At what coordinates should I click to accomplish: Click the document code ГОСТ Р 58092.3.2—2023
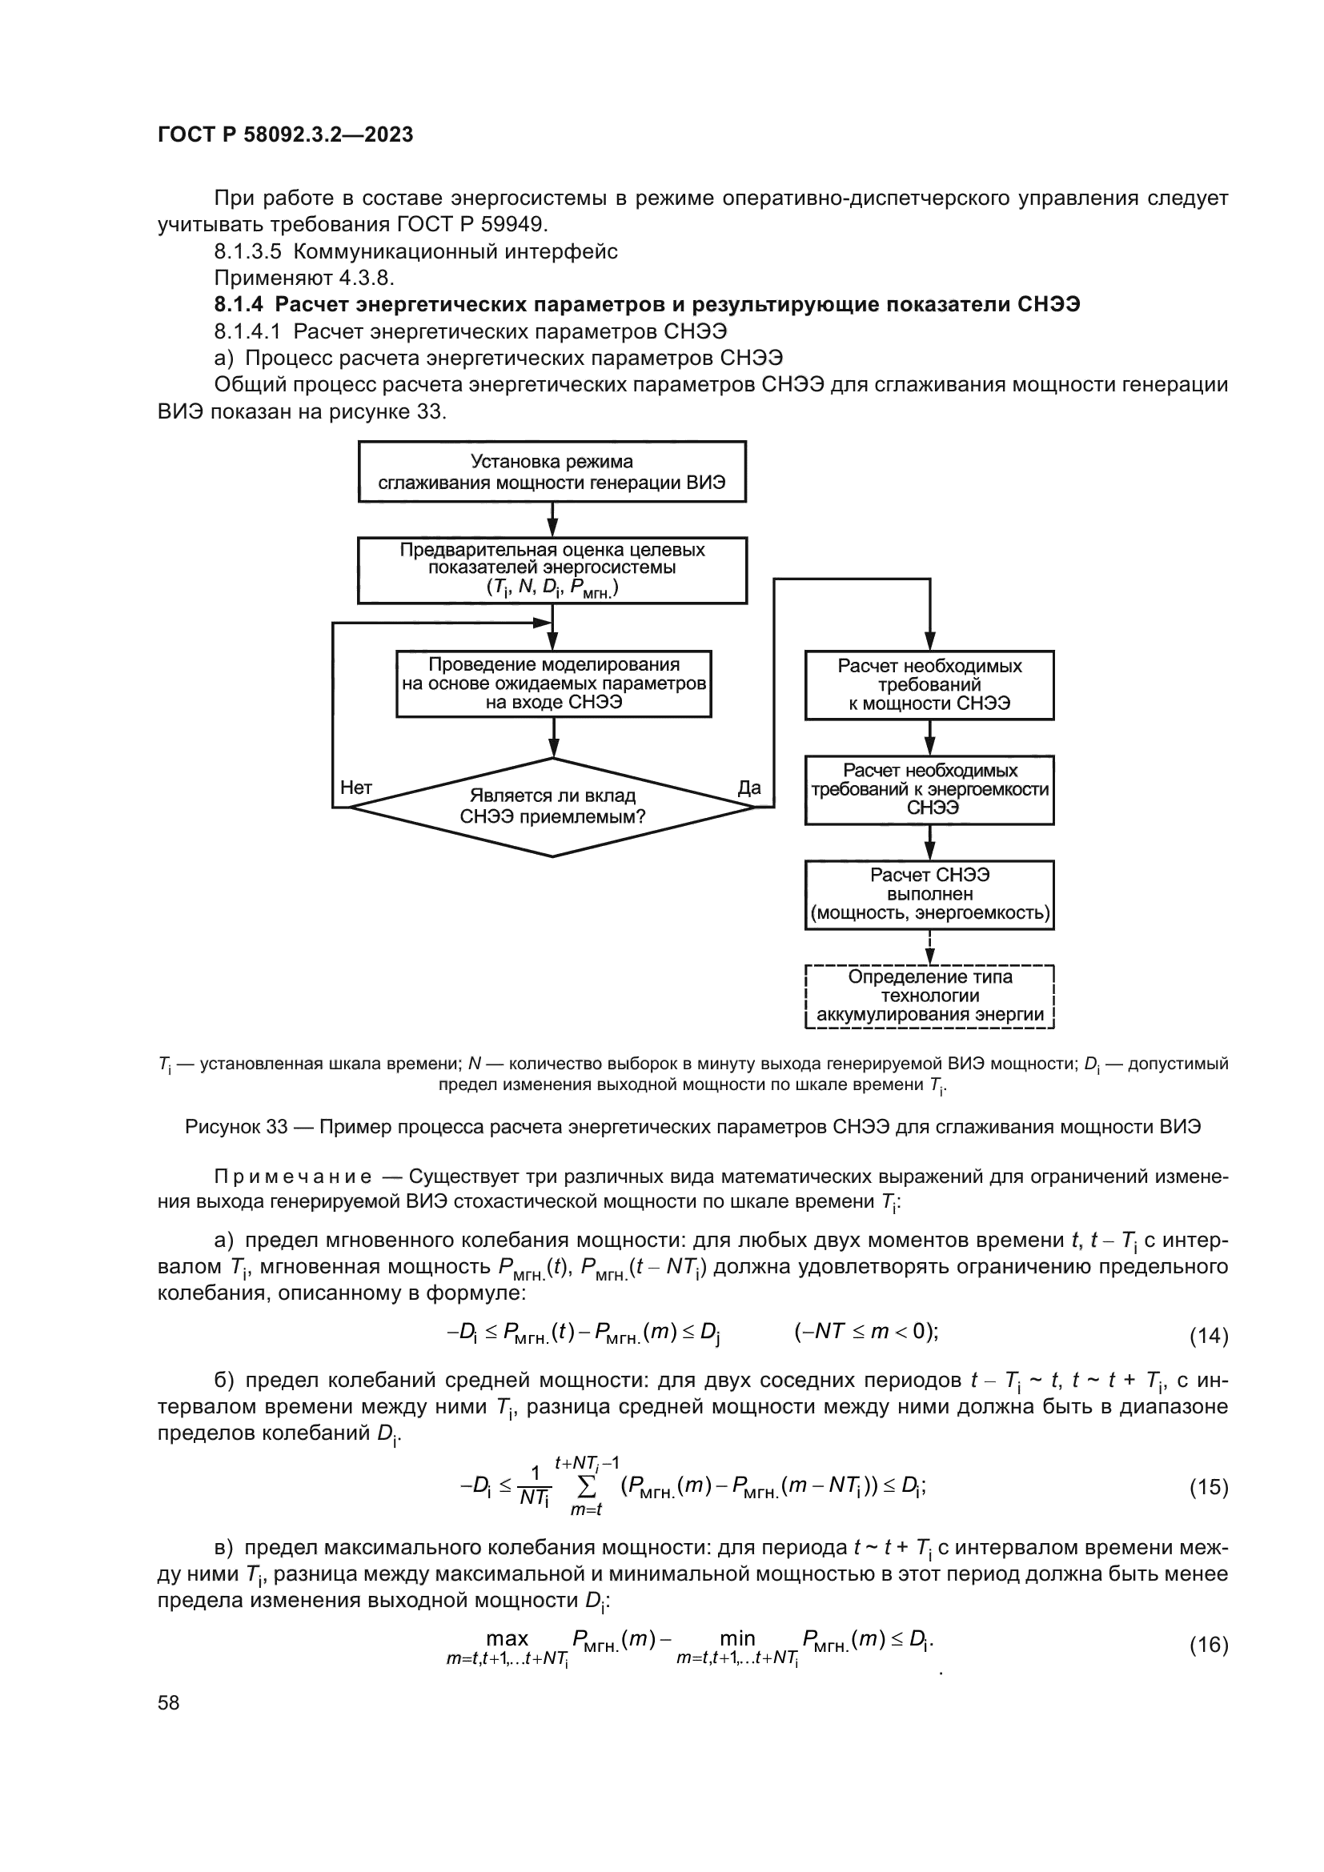[285, 134]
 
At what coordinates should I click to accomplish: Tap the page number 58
[169, 1702]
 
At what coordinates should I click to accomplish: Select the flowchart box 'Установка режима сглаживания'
[552, 472]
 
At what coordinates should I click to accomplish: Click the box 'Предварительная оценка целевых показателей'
[552, 570]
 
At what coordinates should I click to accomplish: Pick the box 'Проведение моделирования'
[554, 684]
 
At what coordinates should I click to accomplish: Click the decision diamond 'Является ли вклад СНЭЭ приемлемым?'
[552, 807]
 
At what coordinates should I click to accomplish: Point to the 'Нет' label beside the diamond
[355, 788]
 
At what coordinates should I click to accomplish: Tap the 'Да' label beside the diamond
[748, 788]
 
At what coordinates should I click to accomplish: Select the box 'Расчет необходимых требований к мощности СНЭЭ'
[929, 685]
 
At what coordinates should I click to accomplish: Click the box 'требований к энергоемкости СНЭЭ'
[929, 789]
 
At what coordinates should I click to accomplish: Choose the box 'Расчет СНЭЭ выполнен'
[929, 895]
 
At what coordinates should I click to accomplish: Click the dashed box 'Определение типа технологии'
[929, 996]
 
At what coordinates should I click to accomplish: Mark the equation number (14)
[1208, 1336]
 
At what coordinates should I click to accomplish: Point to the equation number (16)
[1208, 1645]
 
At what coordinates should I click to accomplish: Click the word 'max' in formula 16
[507, 1639]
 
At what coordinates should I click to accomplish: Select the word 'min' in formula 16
[737, 1639]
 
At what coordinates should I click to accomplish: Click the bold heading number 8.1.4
[239, 305]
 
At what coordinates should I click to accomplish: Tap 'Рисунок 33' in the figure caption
[236, 1127]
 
